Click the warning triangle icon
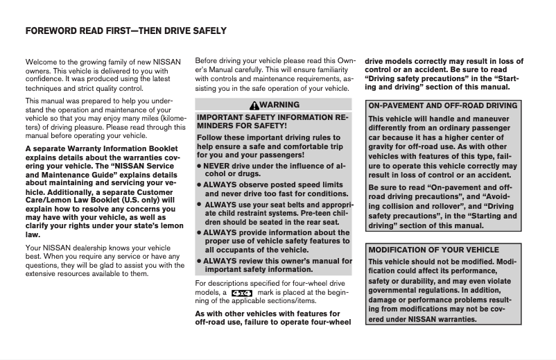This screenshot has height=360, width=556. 255,105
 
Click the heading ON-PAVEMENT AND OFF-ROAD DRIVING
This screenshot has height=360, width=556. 443,106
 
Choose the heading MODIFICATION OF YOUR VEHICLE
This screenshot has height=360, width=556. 433,250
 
